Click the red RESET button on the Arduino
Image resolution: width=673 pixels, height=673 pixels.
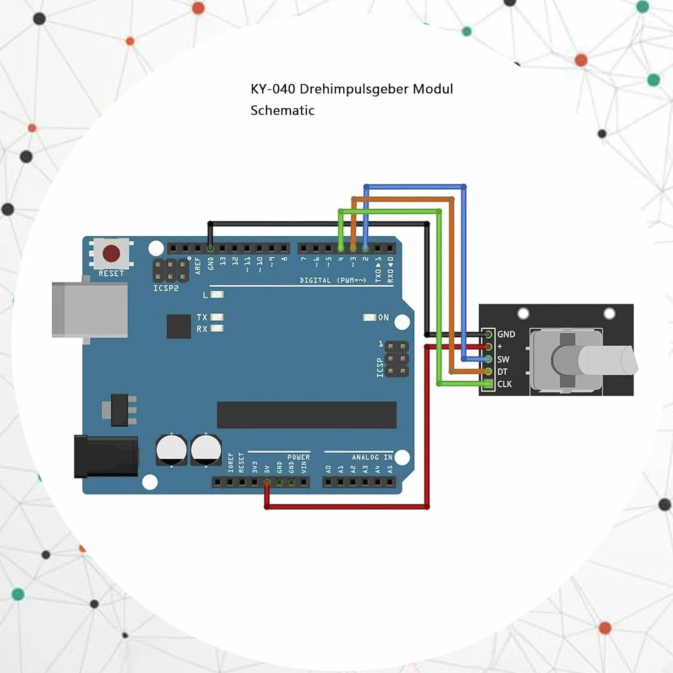111,254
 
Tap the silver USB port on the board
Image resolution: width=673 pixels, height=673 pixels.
90,310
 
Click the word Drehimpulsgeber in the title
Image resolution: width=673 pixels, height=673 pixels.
354,89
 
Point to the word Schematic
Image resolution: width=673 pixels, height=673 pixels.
282,110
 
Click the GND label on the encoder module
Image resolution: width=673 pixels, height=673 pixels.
506,334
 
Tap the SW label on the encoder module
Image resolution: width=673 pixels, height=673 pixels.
503,359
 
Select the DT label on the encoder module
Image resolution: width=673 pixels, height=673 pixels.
502,372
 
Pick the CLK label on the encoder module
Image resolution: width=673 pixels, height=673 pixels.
505,384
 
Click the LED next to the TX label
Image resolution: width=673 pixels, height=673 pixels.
217,317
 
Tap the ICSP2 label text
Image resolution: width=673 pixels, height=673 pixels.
166,288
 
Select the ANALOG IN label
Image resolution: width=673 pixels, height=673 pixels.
372,457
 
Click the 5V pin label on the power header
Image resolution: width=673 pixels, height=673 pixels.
267,469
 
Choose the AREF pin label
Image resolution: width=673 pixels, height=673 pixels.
198,266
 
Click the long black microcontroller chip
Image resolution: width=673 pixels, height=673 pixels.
307,415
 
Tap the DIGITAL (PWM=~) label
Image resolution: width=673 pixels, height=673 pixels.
333,280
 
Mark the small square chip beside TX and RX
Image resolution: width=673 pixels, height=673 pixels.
179,326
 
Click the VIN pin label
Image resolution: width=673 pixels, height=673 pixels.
304,467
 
